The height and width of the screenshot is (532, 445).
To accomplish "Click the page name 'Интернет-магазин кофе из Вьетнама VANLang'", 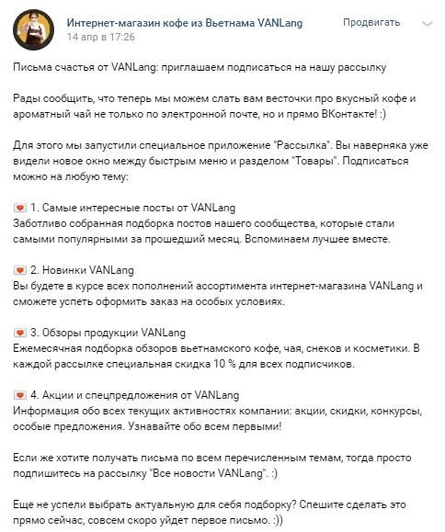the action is pyautogui.click(x=183, y=20).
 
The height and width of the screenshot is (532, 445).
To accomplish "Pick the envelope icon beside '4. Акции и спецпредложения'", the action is pyautogui.click(x=20, y=394).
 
